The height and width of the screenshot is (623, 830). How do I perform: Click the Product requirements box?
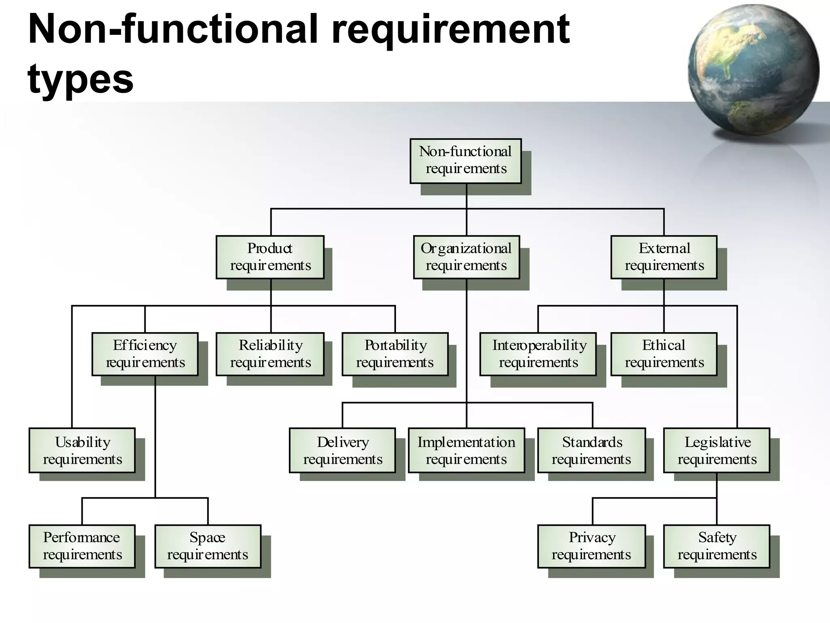270,257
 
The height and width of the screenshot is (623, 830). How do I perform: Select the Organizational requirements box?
466,257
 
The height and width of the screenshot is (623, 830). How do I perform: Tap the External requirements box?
664,257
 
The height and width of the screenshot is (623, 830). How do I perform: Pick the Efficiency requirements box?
145,354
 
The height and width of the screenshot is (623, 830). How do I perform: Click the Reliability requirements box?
270,354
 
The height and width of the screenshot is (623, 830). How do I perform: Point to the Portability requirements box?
395,354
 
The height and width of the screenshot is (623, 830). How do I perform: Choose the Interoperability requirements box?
538,354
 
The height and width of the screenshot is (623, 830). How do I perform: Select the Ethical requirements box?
664,354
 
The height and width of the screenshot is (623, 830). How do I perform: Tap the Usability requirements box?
82,450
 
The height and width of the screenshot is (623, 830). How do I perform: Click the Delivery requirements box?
342,450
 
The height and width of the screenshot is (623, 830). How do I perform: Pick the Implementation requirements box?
466,450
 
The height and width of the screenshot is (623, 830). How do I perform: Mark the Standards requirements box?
592,450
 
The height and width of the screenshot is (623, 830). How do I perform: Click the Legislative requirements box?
717,450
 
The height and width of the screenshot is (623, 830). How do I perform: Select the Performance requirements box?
82,546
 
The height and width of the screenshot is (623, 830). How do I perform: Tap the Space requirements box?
207,546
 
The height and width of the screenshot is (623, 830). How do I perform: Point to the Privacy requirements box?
592,546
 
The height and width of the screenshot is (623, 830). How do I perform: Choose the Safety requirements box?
717,546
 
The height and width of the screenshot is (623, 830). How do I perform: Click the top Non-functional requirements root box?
466,161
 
